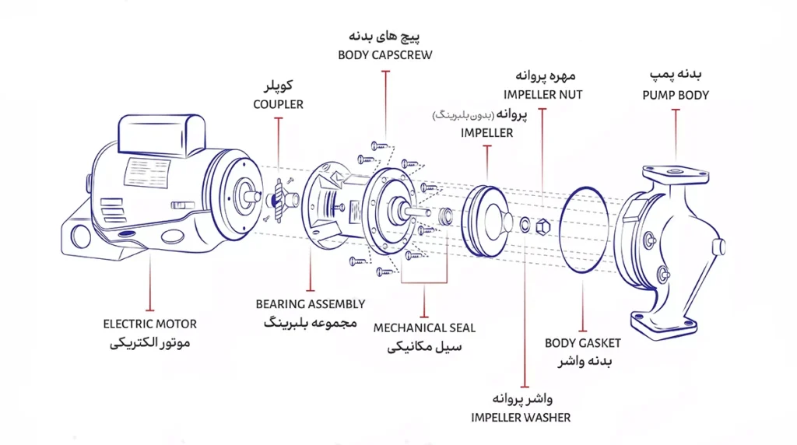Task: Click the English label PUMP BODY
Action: point(676,95)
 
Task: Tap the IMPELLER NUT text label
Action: point(542,95)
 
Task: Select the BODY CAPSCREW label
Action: point(385,55)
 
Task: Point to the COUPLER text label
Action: point(278,104)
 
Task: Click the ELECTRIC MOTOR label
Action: point(149,324)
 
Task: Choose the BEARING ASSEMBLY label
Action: point(310,304)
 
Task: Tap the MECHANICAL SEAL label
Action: point(424,328)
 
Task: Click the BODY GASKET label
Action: point(582,343)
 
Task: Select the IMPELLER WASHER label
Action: point(520,418)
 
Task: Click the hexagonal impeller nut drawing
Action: point(543,227)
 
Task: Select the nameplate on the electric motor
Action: point(148,172)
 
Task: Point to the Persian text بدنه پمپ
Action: point(676,75)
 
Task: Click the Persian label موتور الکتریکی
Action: point(150,342)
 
